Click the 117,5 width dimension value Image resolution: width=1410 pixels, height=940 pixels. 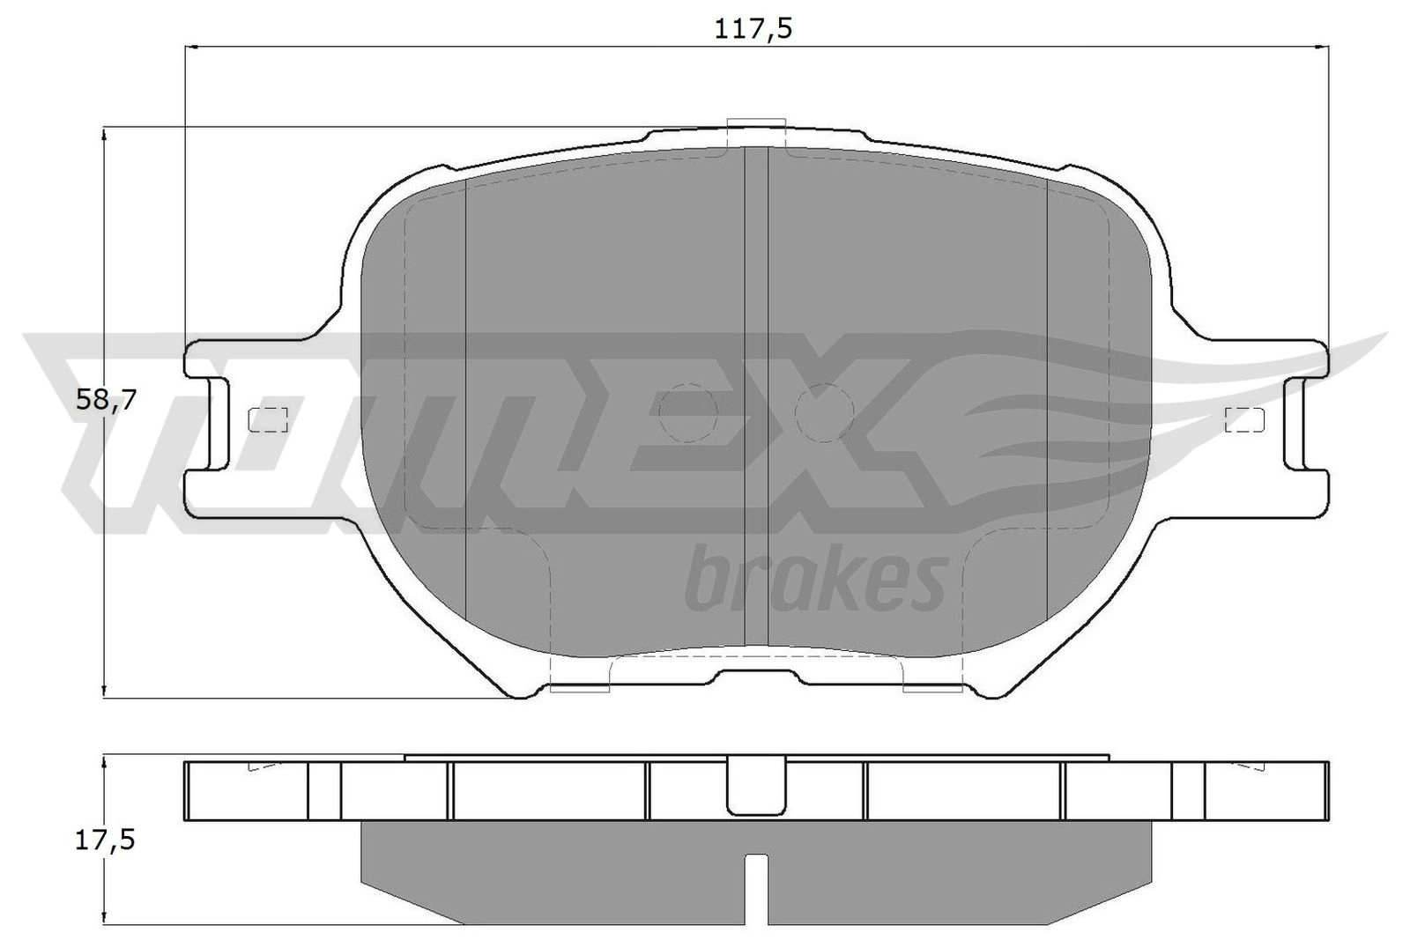pyautogui.click(x=753, y=29)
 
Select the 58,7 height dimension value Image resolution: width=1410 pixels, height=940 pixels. pyautogui.click(x=106, y=400)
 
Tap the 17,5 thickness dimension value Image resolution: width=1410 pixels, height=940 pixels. pyautogui.click(x=105, y=841)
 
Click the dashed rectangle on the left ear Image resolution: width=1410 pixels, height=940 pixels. pyautogui.click(x=268, y=419)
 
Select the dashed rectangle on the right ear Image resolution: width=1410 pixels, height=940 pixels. pyautogui.click(x=1244, y=419)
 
